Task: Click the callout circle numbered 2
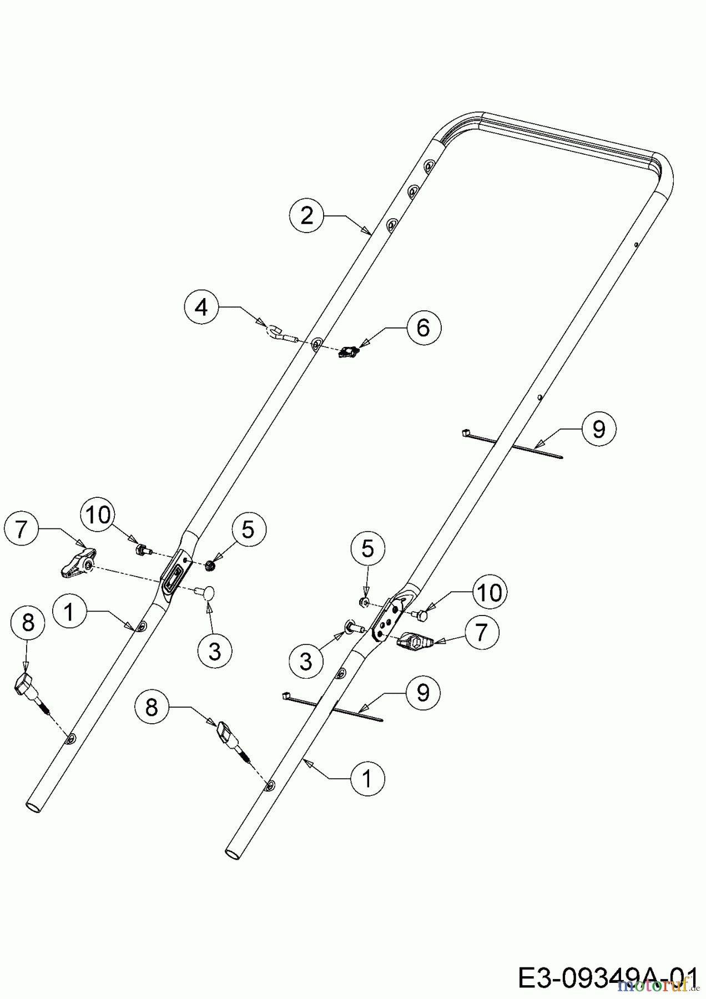[307, 215]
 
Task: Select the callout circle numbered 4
[202, 307]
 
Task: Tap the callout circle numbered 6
[423, 328]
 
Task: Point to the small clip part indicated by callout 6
[349, 351]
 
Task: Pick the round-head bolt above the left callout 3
[206, 593]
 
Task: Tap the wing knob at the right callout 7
[416, 641]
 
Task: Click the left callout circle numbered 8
[28, 623]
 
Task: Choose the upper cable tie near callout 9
[511, 444]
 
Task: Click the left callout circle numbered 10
[98, 515]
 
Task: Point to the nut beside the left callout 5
[210, 566]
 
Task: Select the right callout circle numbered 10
[490, 593]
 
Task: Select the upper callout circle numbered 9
[598, 429]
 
